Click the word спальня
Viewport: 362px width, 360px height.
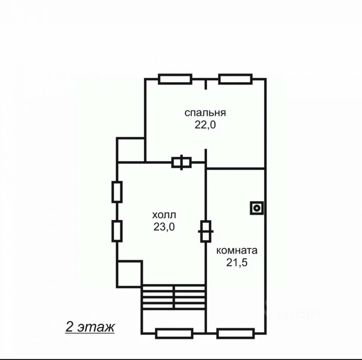coord(205,114)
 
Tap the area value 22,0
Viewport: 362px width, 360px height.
coord(205,124)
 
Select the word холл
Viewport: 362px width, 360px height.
coord(164,215)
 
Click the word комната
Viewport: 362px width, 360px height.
coord(237,251)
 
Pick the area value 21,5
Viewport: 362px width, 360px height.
coord(237,262)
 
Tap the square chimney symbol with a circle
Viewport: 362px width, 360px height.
coord(257,208)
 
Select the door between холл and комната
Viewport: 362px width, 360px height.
coord(206,231)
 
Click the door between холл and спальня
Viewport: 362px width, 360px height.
coord(181,162)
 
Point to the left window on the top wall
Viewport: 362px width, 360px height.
coord(175,79)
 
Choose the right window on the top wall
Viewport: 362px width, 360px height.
coord(235,79)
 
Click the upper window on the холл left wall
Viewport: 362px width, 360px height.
coord(117,192)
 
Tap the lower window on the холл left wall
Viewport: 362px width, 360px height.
coord(117,231)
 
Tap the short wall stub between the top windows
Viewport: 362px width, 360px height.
coord(206,84)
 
